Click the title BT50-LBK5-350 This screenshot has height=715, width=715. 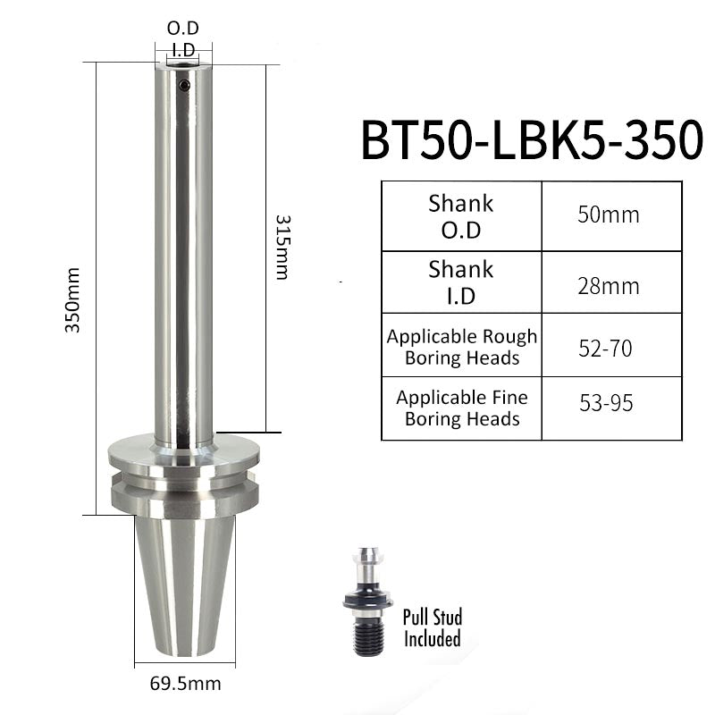tap(532, 139)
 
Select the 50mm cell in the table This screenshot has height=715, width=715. tap(611, 216)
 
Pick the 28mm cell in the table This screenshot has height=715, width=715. tap(611, 282)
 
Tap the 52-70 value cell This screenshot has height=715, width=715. tap(611, 345)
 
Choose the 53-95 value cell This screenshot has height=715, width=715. tap(611, 408)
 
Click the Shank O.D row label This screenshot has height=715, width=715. tap(461, 216)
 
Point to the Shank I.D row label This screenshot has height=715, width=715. tap(461, 282)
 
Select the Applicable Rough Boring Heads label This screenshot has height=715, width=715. tap(462, 347)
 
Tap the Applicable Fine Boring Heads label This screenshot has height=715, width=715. tap(462, 408)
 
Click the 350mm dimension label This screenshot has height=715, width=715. tap(72, 300)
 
